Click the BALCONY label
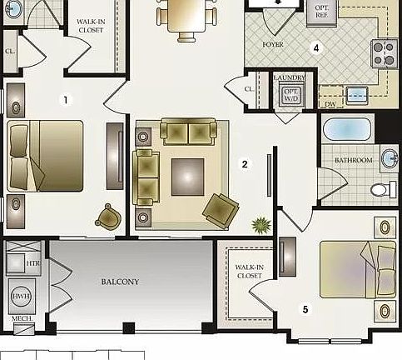pos(121,282)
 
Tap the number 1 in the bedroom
pos(67,100)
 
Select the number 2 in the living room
pos(245,164)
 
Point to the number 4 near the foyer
pos(316,47)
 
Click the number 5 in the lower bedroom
pos(305,310)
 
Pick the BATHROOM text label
pos(353,160)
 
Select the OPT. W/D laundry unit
pos(290,95)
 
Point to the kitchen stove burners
pos(385,53)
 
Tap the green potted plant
pos(261,224)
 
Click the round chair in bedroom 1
pos(108,217)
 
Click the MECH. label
pos(22,318)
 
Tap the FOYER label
pos(273,43)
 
